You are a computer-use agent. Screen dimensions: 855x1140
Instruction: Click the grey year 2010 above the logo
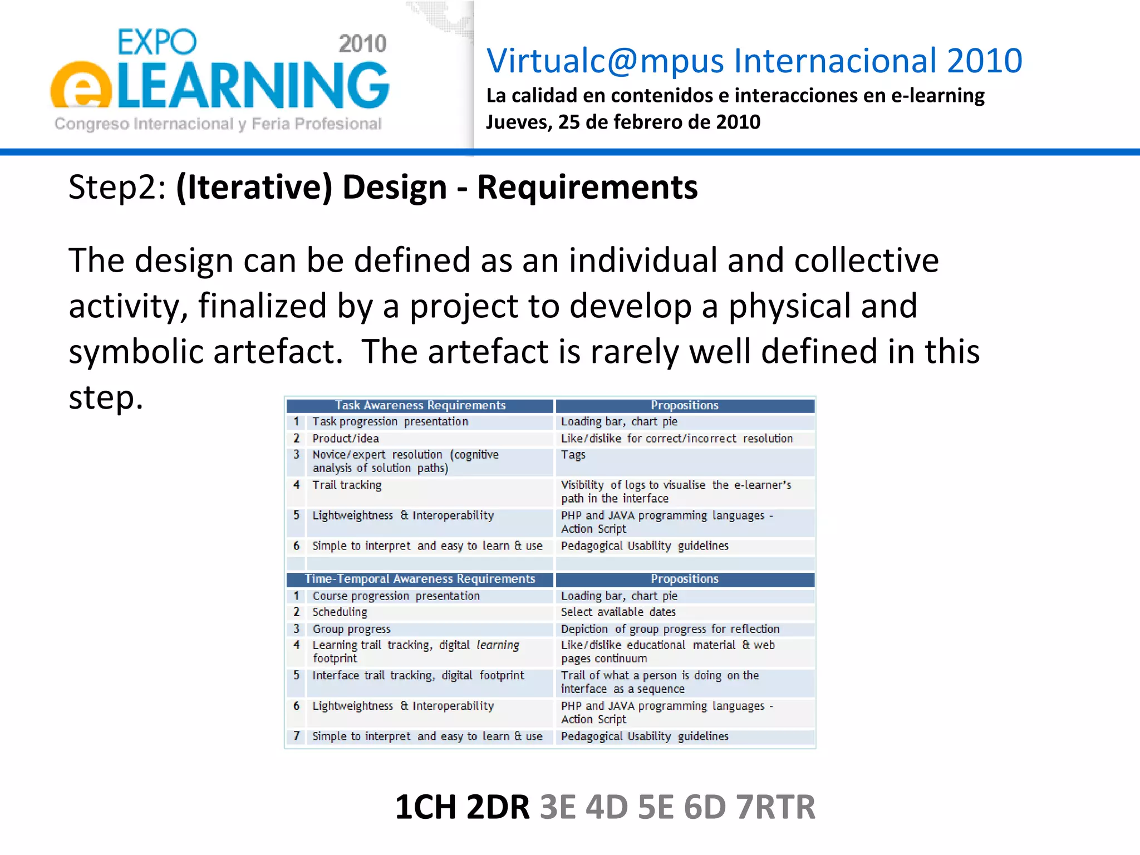tap(362, 44)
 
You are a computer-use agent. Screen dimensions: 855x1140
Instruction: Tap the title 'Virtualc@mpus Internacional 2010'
tap(754, 61)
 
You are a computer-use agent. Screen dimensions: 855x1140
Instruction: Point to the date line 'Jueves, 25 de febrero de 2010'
tap(623, 122)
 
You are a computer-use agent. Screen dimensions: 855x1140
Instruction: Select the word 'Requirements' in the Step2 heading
tap(587, 187)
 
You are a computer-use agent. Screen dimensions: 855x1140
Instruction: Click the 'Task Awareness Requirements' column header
tap(420, 405)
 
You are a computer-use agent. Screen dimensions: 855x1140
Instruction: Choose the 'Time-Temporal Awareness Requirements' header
tap(420, 579)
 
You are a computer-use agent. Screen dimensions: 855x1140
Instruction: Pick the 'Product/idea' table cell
tap(346, 439)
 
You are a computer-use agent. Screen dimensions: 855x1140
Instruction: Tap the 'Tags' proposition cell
tap(573, 455)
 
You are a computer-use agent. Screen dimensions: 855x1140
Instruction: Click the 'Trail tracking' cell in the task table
tap(347, 485)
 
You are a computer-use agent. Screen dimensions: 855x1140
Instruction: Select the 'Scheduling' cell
tap(340, 612)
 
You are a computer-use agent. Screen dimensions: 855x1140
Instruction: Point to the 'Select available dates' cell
tap(618, 612)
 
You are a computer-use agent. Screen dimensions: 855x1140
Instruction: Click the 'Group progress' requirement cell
tap(351, 629)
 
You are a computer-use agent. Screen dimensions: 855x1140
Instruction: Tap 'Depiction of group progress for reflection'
tap(670, 629)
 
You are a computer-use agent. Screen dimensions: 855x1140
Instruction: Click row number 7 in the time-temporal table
tap(296, 736)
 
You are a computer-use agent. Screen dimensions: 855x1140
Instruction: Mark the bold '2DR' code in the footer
tap(498, 807)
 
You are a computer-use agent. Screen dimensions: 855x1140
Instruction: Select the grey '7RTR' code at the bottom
tap(775, 807)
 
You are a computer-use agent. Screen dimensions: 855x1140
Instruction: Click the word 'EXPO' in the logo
tap(157, 42)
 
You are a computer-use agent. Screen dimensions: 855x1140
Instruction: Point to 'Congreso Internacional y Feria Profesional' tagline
tap(218, 124)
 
